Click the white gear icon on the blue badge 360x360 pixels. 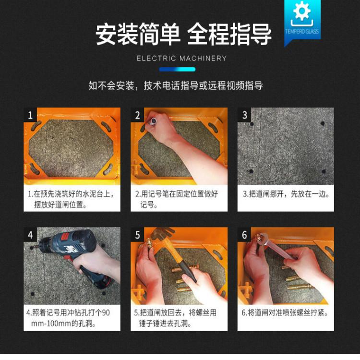pyautogui.click(x=302, y=11)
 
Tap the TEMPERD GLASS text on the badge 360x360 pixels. pyautogui.click(x=302, y=32)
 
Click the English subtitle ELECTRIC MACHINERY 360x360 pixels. pyautogui.click(x=181, y=58)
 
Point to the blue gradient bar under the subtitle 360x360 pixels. pyautogui.click(x=177, y=69)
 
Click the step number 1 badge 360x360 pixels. pyautogui.click(x=30, y=115)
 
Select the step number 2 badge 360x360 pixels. pyautogui.click(x=137, y=115)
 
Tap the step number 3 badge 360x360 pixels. pyautogui.click(x=244, y=115)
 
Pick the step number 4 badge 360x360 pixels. pyautogui.click(x=30, y=234)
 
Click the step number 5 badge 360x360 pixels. pyautogui.click(x=137, y=234)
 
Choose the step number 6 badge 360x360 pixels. pyautogui.click(x=244, y=234)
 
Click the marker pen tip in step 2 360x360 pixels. pyautogui.click(x=154, y=121)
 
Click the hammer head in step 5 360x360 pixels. pyautogui.click(x=162, y=233)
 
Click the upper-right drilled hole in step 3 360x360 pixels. pyautogui.click(x=323, y=123)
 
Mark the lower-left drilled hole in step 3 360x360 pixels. pyautogui.click(x=251, y=171)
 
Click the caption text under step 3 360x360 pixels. pyautogui.click(x=287, y=194)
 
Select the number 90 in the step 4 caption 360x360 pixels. pyautogui.click(x=106, y=312)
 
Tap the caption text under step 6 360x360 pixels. pyautogui.click(x=285, y=312)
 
